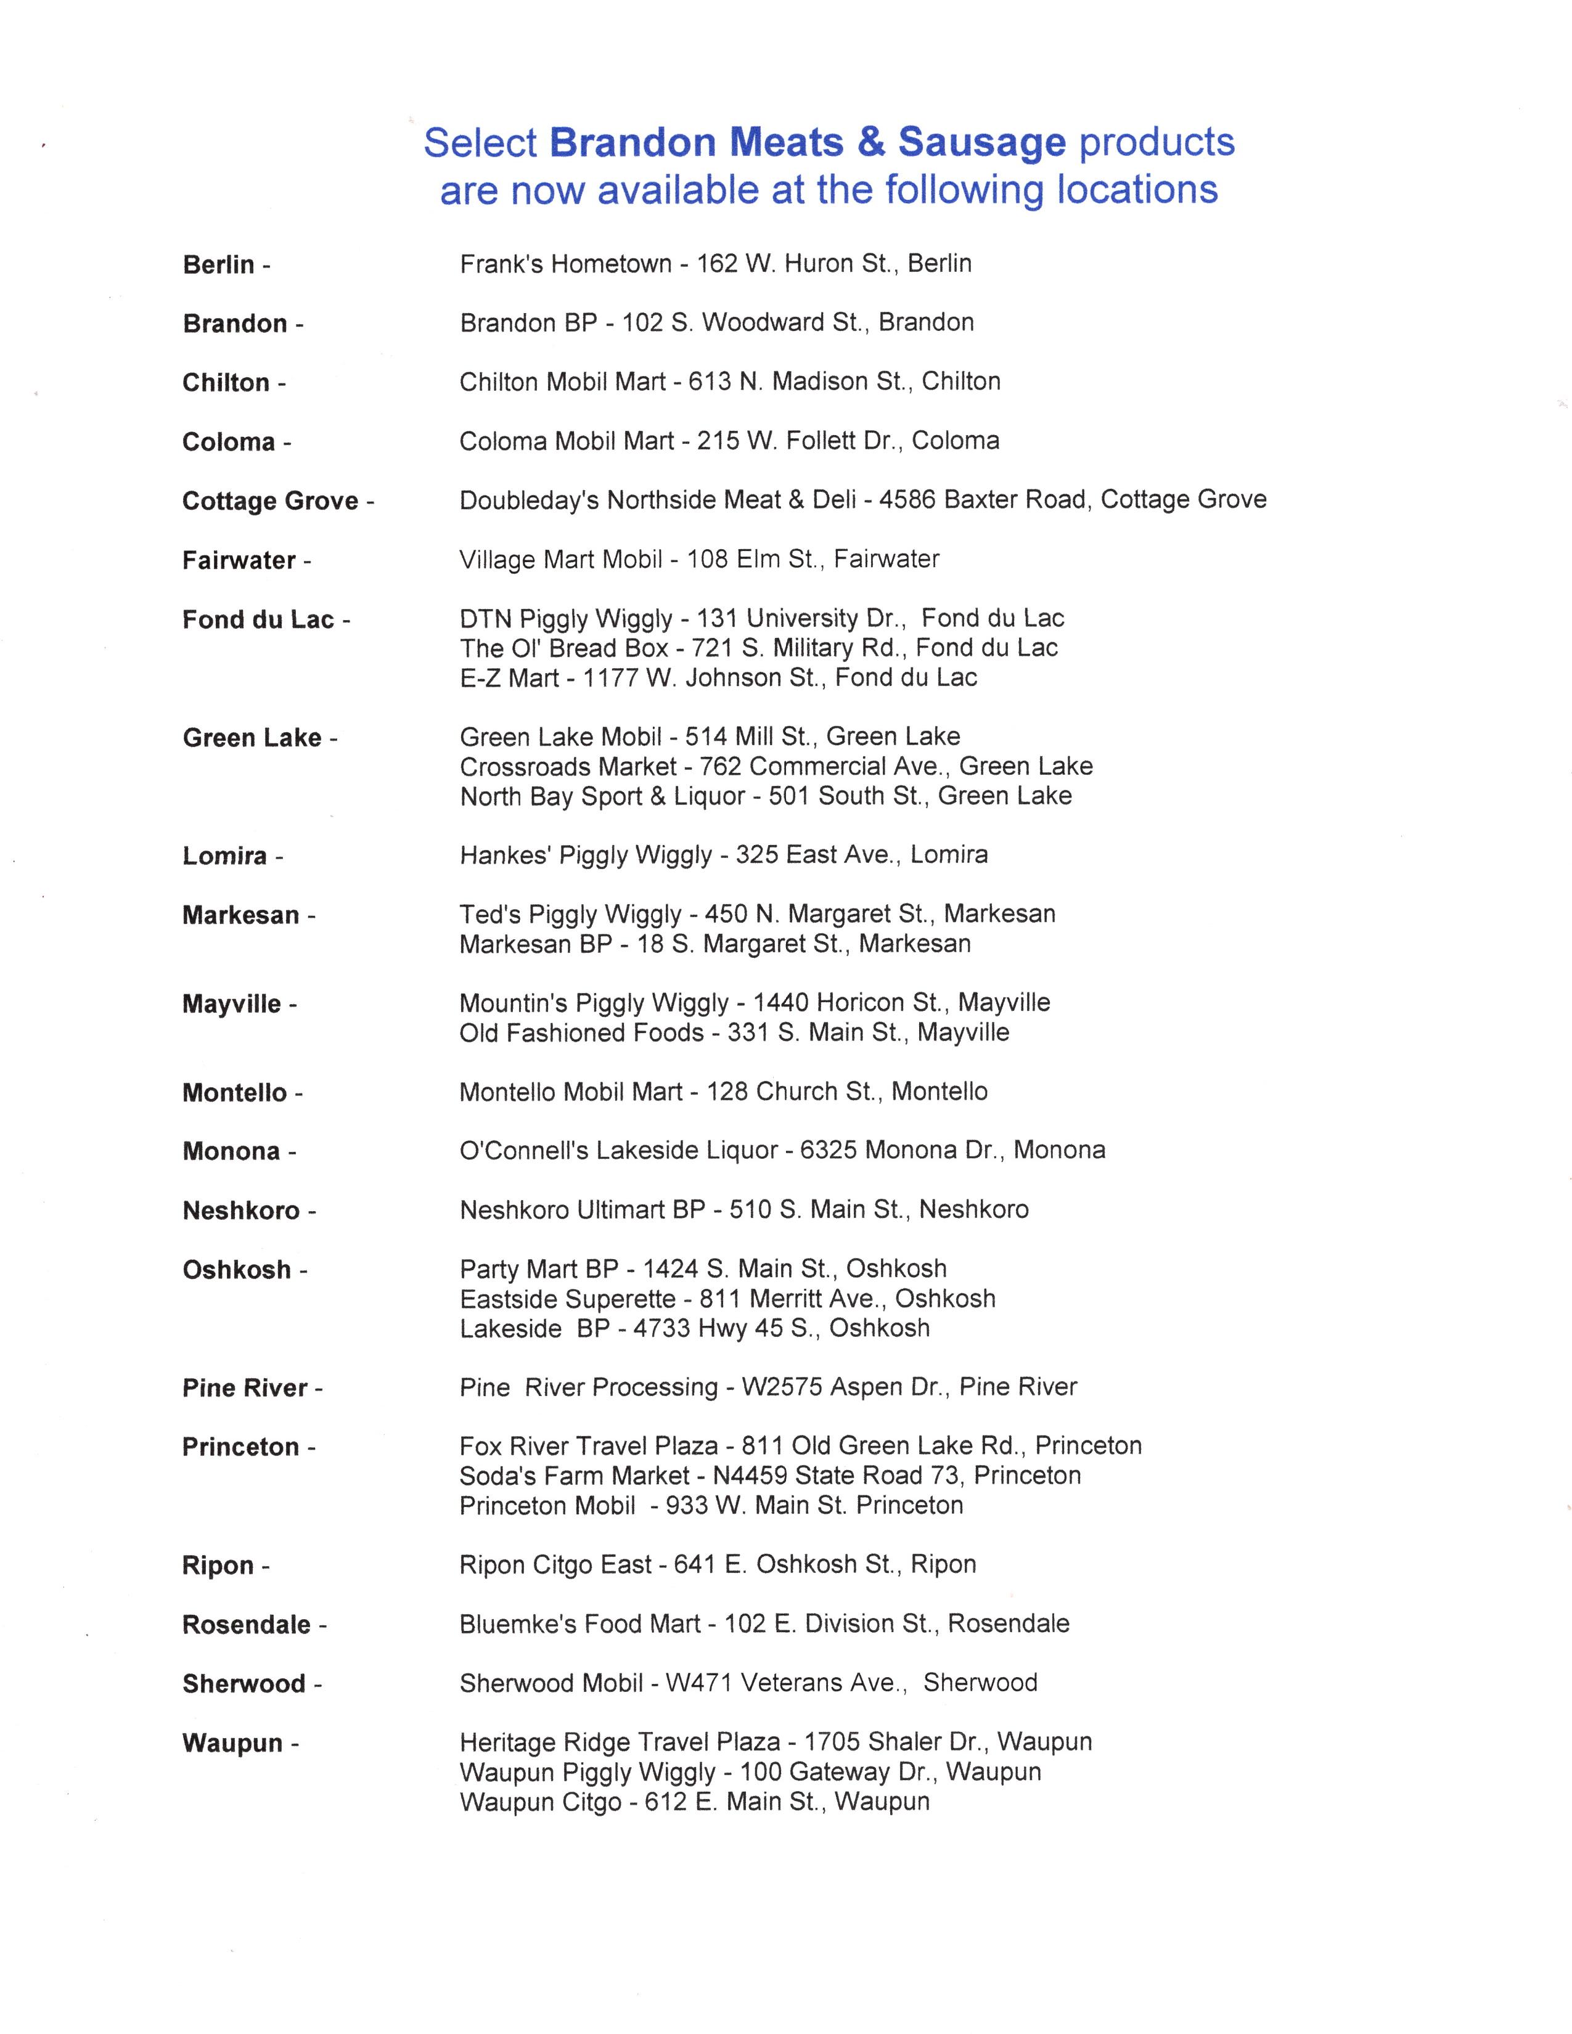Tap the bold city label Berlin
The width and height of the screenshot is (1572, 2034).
coord(219,266)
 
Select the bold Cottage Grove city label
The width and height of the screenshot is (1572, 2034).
coord(270,501)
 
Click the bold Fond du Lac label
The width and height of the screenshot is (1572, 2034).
coord(258,620)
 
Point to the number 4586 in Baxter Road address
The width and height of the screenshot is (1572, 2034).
coord(909,500)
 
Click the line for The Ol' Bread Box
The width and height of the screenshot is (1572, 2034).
coord(758,648)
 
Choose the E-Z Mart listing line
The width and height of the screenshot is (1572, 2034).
coord(718,678)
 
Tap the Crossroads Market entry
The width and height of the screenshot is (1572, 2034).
coord(776,767)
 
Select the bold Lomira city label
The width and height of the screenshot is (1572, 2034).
coord(224,856)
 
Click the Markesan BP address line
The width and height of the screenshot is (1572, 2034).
coord(714,944)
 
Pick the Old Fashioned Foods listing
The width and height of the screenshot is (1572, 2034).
coord(734,1033)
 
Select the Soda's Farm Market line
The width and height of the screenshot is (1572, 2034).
coord(769,1476)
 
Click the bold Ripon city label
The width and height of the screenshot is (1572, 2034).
coord(217,1566)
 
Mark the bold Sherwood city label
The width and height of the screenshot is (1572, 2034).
coord(244,1684)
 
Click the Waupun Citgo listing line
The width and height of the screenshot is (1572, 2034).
coord(694,1802)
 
